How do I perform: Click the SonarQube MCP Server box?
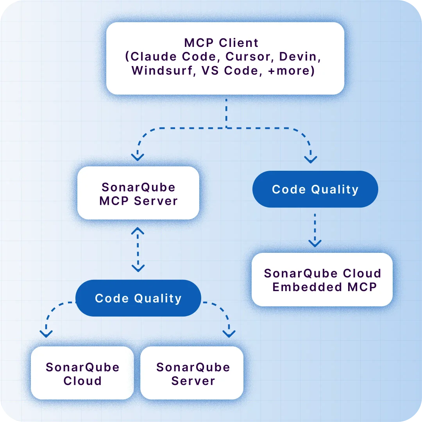pos(138,193)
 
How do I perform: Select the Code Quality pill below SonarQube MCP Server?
pos(138,298)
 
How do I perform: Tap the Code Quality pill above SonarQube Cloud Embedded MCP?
pos(315,190)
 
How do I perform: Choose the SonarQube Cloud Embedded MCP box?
pos(322,280)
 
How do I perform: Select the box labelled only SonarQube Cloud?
pos(82,374)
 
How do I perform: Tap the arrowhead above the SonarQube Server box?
pos(229,333)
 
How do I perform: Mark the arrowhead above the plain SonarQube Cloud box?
pos(46,333)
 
